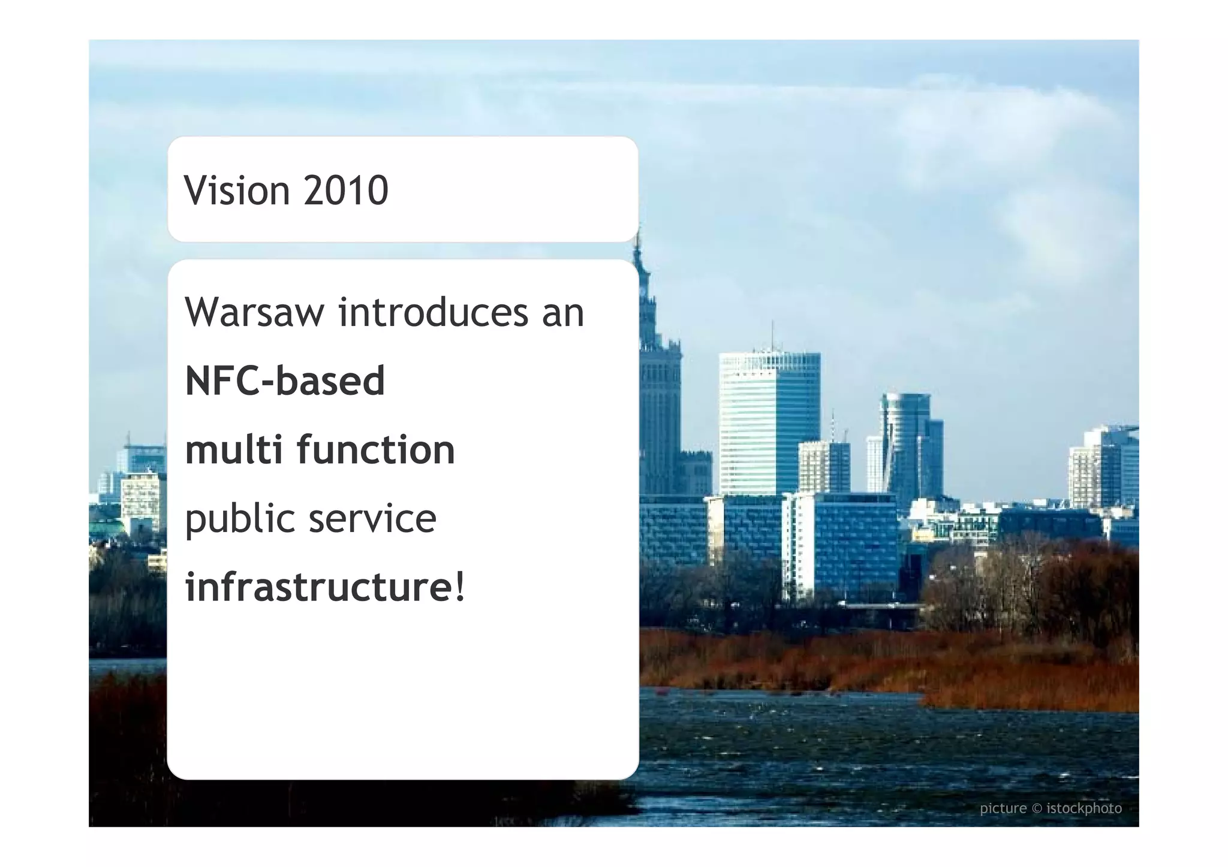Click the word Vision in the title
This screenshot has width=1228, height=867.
coord(237,191)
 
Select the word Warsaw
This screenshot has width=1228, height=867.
coord(254,313)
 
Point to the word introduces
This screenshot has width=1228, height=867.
coord(434,313)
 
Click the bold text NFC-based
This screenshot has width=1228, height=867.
coord(285,381)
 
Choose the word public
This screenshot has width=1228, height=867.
coord(239,519)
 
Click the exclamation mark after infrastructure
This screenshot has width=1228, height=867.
coord(460,587)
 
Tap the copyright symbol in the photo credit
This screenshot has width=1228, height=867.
coord(1037,809)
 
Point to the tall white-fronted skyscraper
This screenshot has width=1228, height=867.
coord(769,419)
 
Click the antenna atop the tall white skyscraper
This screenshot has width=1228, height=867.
coord(772,336)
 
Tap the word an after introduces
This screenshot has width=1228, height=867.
coord(562,313)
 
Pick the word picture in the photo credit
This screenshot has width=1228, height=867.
coord(1003,809)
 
